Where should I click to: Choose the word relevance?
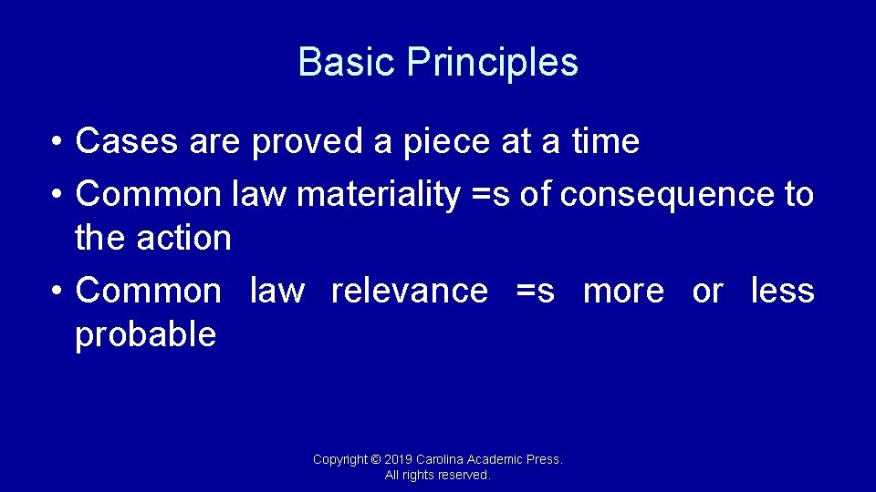click(410, 291)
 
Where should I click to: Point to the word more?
click(624, 291)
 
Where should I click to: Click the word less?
click(782, 291)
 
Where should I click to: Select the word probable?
click(146, 335)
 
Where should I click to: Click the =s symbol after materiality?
click(489, 195)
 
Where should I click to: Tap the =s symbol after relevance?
click(535, 291)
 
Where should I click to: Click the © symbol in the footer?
click(376, 460)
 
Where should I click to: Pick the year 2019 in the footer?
click(399, 460)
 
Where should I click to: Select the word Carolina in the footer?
click(441, 460)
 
